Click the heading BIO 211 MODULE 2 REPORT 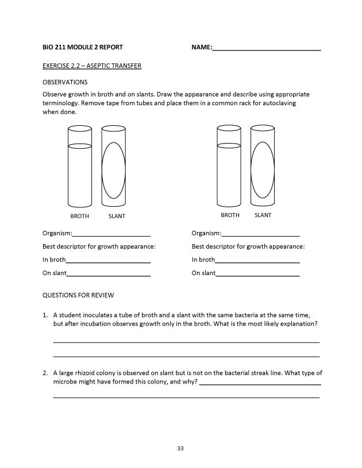(82, 47)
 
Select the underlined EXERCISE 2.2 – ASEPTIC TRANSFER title (92, 66)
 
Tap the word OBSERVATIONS (65, 82)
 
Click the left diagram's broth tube (80, 172)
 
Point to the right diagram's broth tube (229, 172)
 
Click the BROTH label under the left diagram (80, 216)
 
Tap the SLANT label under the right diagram (263, 215)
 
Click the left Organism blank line (111, 235)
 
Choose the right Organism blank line (260, 235)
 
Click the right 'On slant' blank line (257, 275)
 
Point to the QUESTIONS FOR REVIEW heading (78, 295)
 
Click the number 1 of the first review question (44, 315)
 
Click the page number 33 (180, 448)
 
